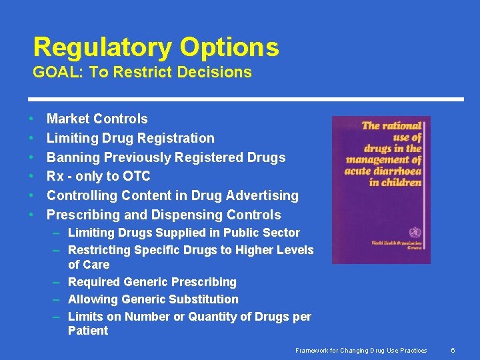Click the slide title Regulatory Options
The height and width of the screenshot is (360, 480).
tap(156, 47)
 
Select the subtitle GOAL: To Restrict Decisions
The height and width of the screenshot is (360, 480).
tap(143, 73)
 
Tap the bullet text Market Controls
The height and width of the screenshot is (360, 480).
tap(97, 119)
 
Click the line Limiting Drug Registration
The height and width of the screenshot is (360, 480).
tap(131, 139)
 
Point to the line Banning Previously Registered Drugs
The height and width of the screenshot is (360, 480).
tap(166, 158)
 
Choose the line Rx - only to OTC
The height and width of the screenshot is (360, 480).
tap(99, 177)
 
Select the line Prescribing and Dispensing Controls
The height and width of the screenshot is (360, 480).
tap(164, 215)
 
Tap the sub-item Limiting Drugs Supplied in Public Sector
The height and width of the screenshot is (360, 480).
tap(184, 233)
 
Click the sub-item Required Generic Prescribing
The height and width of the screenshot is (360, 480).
tap(152, 282)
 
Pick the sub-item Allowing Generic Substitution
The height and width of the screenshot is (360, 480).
tap(153, 299)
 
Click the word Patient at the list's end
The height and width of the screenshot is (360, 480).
tap(88, 331)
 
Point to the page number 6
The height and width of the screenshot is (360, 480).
tap(453, 351)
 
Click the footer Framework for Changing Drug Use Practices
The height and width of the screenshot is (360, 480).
tap(362, 351)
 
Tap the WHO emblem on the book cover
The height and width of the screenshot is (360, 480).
tap(415, 233)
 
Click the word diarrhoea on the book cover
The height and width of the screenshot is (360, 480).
tap(400, 171)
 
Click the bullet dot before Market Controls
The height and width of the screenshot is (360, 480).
tap(31, 119)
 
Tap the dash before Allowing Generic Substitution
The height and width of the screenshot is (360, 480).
tap(57, 299)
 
